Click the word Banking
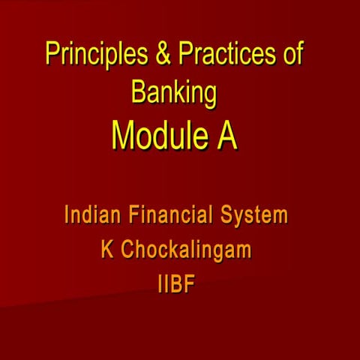click(174, 94)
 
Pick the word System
click(253, 217)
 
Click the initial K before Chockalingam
click(107, 250)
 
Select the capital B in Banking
click(138, 93)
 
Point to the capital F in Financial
click(133, 216)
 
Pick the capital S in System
click(227, 216)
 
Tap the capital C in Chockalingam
click(128, 250)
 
